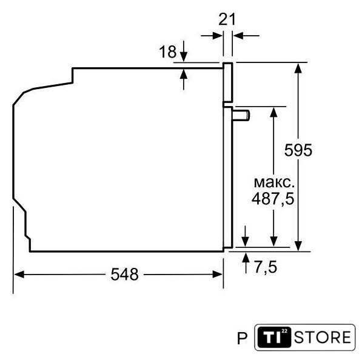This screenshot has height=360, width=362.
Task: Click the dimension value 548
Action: coord(125,275)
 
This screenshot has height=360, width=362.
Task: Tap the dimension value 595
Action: coord(298,150)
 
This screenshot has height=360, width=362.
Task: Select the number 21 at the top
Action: coord(227,19)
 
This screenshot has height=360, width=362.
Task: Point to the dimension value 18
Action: coord(168,52)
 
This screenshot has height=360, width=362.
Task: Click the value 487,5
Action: coord(273,199)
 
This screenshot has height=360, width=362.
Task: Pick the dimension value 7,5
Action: coord(266,267)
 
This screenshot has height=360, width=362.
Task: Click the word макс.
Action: coord(274,182)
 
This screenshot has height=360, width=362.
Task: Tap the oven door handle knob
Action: coord(241,115)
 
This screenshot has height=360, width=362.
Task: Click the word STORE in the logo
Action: coord(323,337)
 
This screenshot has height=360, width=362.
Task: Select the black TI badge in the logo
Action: coord(274,337)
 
